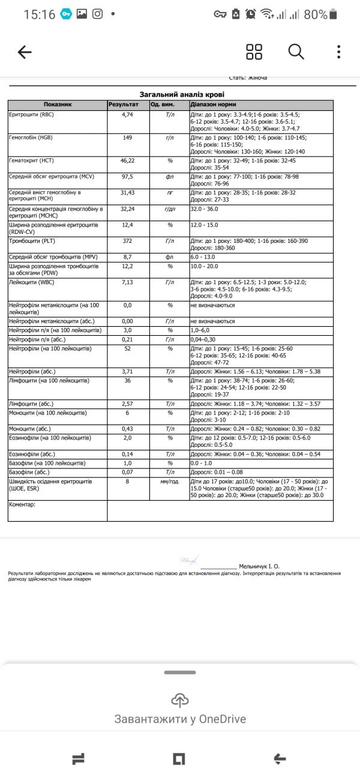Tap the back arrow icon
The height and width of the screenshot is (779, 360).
click(x=25, y=52)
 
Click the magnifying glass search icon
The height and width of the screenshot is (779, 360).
click(x=296, y=52)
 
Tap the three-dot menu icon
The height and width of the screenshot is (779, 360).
click(x=339, y=52)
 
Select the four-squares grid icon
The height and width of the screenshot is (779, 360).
click(x=254, y=52)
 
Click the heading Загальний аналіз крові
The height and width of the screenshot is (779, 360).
click(x=182, y=94)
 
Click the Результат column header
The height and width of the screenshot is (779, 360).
click(x=124, y=104)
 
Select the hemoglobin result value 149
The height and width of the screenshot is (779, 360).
click(x=127, y=137)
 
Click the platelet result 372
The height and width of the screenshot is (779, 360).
click(x=127, y=241)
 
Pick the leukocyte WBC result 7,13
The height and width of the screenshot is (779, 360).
click(x=127, y=281)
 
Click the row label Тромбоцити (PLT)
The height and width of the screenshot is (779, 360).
click(x=30, y=241)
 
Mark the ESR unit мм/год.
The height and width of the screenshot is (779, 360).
click(x=170, y=481)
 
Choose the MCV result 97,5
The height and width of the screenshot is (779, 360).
click(x=127, y=176)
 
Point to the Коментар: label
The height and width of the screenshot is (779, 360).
click(x=22, y=504)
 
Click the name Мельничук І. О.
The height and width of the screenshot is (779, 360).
click(x=259, y=566)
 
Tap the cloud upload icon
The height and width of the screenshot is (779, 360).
click(x=180, y=699)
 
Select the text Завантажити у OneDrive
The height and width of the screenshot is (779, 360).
click(x=180, y=719)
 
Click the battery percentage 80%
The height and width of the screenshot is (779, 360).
click(x=316, y=14)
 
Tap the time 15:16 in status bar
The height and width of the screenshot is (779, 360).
click(x=39, y=14)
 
